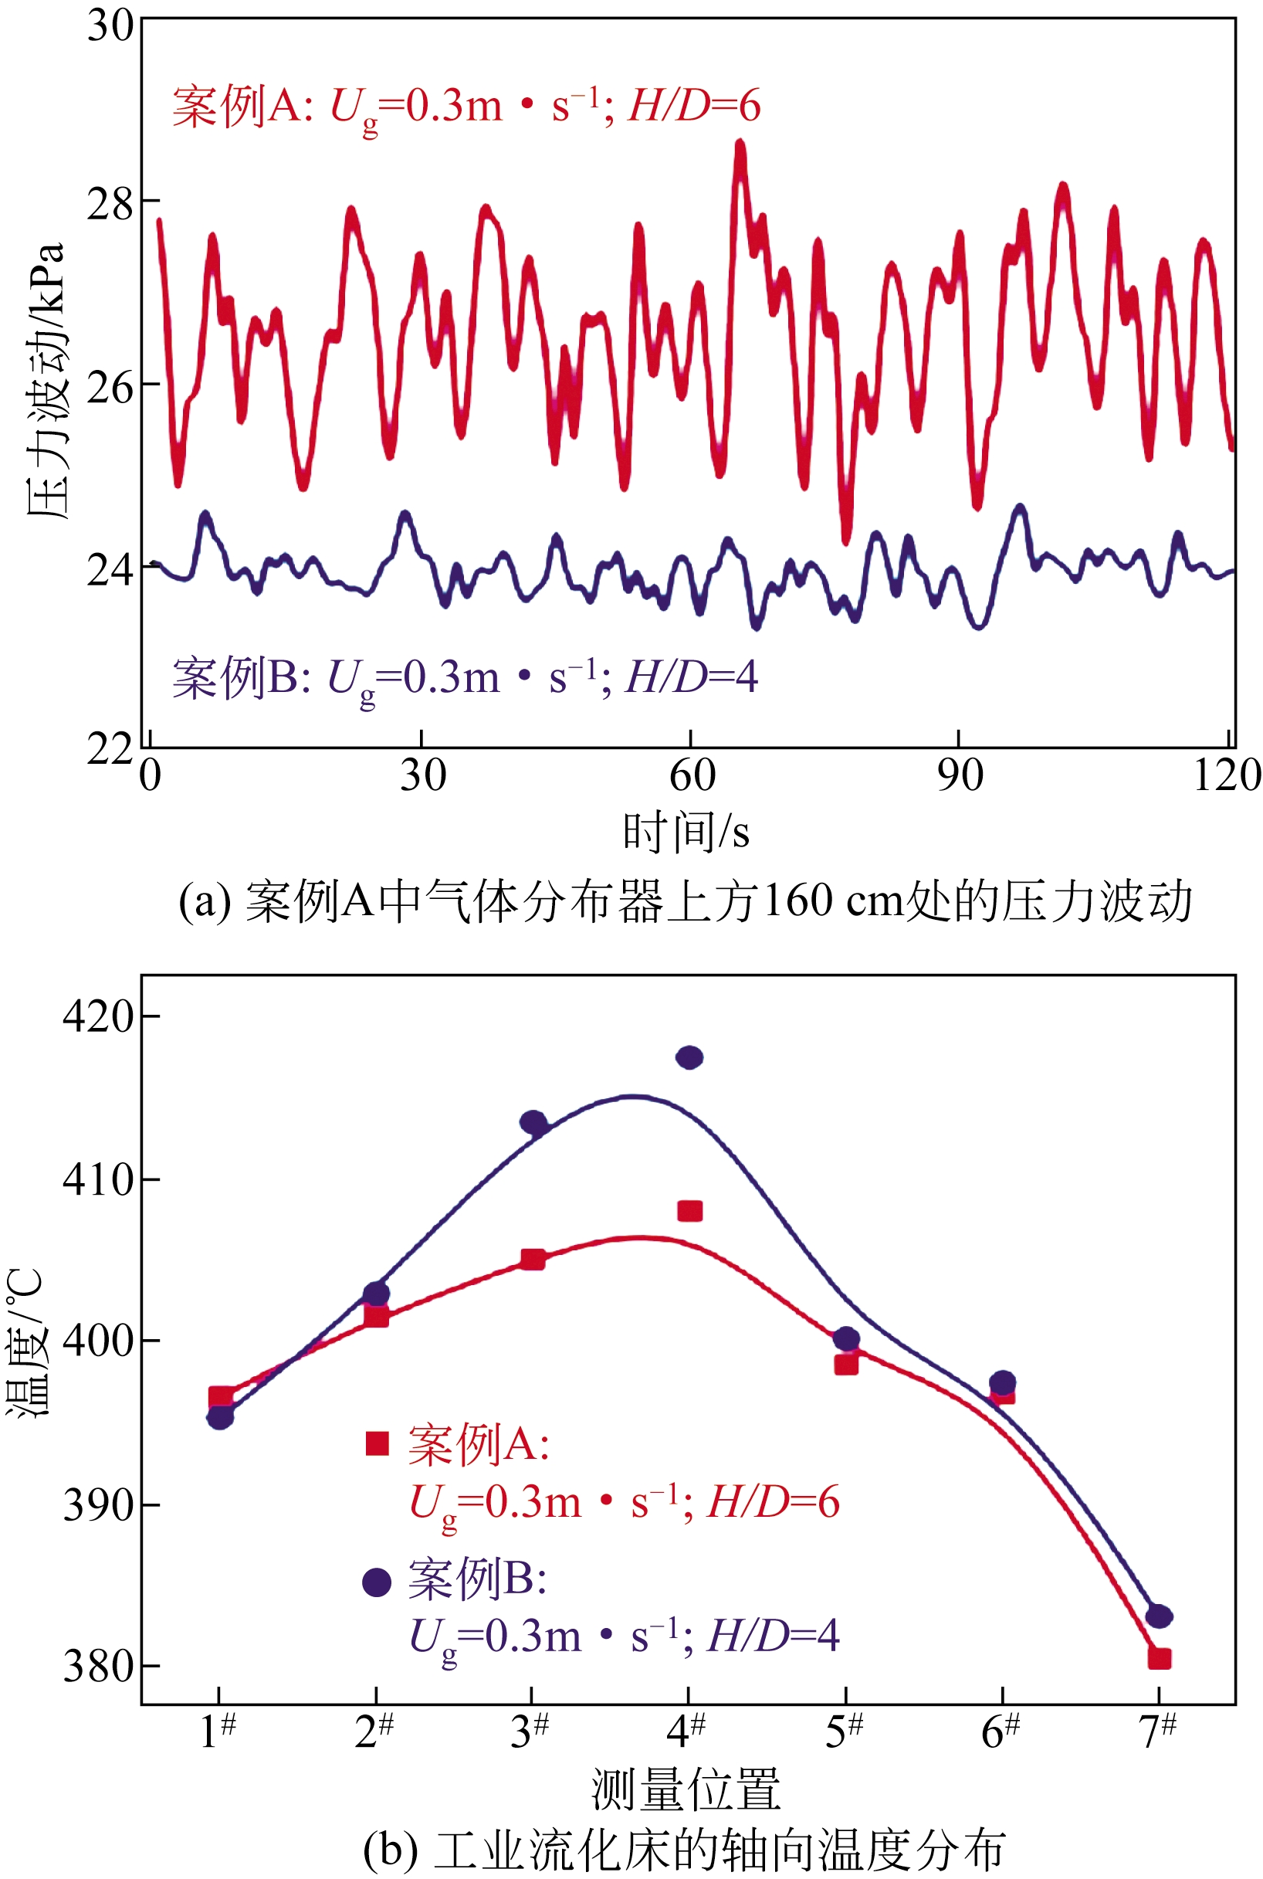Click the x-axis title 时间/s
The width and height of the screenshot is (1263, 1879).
click(x=686, y=831)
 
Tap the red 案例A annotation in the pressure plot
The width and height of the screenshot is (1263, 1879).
click(x=466, y=107)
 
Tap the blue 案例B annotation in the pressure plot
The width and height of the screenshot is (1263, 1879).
click(x=464, y=677)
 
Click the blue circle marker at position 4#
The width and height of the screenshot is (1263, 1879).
click(x=689, y=1057)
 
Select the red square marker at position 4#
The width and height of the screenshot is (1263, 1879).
click(x=689, y=1211)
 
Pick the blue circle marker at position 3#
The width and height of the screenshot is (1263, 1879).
click(x=533, y=1122)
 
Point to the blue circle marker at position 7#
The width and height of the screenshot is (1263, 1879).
click(x=1159, y=1616)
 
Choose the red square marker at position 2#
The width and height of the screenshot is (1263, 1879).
click(x=376, y=1317)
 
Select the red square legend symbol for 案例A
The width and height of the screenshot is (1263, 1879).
click(x=377, y=1444)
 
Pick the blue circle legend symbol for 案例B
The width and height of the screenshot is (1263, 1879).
click(x=377, y=1582)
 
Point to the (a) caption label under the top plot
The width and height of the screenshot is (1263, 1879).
click(x=685, y=901)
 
